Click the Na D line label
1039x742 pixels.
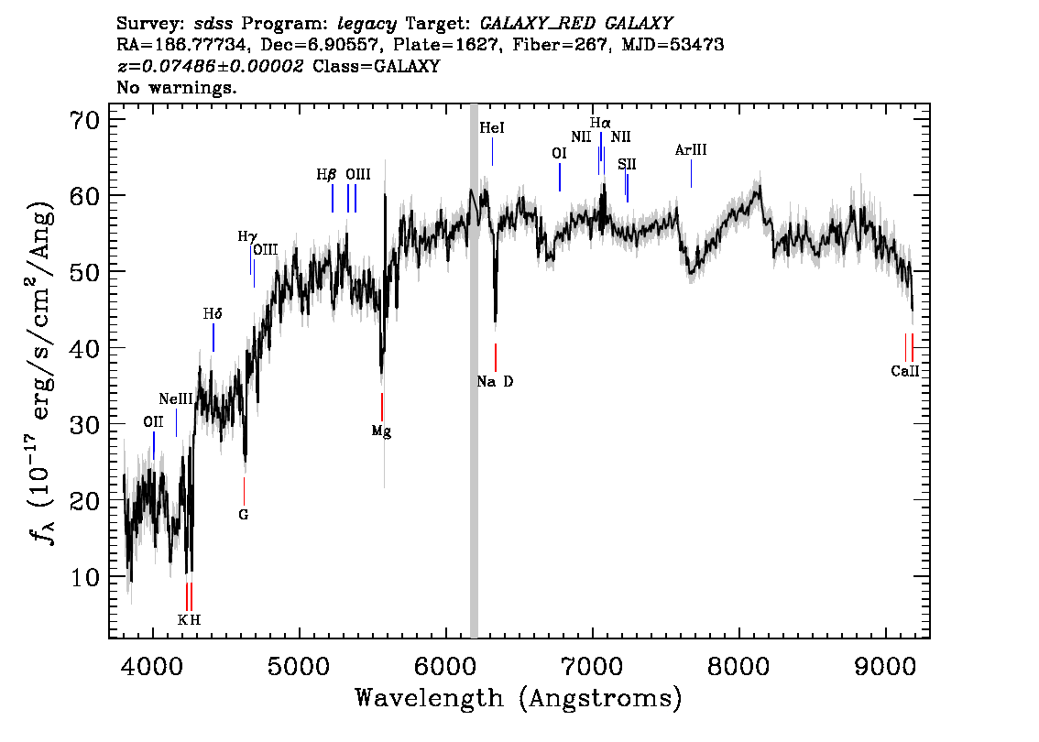495,382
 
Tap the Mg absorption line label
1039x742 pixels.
381,432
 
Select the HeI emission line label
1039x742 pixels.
492,128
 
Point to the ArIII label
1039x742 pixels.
691,149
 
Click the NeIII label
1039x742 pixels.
176,398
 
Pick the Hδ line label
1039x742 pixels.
212,314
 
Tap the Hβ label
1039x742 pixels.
326,175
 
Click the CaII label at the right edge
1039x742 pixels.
905,371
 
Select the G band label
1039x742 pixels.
243,514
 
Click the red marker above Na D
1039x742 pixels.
495,358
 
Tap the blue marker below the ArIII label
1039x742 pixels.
691,173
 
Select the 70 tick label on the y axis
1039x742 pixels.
84,120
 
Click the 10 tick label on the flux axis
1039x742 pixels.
84,577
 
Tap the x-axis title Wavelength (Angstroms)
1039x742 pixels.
519,698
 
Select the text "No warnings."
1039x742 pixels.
176,87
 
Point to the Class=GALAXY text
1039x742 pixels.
376,66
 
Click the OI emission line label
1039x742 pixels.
559,154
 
